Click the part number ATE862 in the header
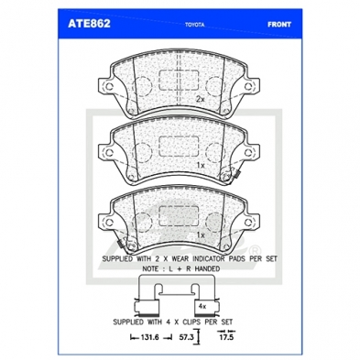pos(89,24)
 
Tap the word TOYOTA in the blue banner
pos(194,25)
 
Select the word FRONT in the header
pos(279,25)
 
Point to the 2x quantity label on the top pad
pos(200,99)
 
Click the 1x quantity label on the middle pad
pos(201,165)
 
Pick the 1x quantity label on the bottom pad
pos(201,235)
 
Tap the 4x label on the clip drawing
pos(202,306)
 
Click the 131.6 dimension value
pos(150,337)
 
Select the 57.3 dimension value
pos(186,337)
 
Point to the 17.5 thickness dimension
pos(226,337)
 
